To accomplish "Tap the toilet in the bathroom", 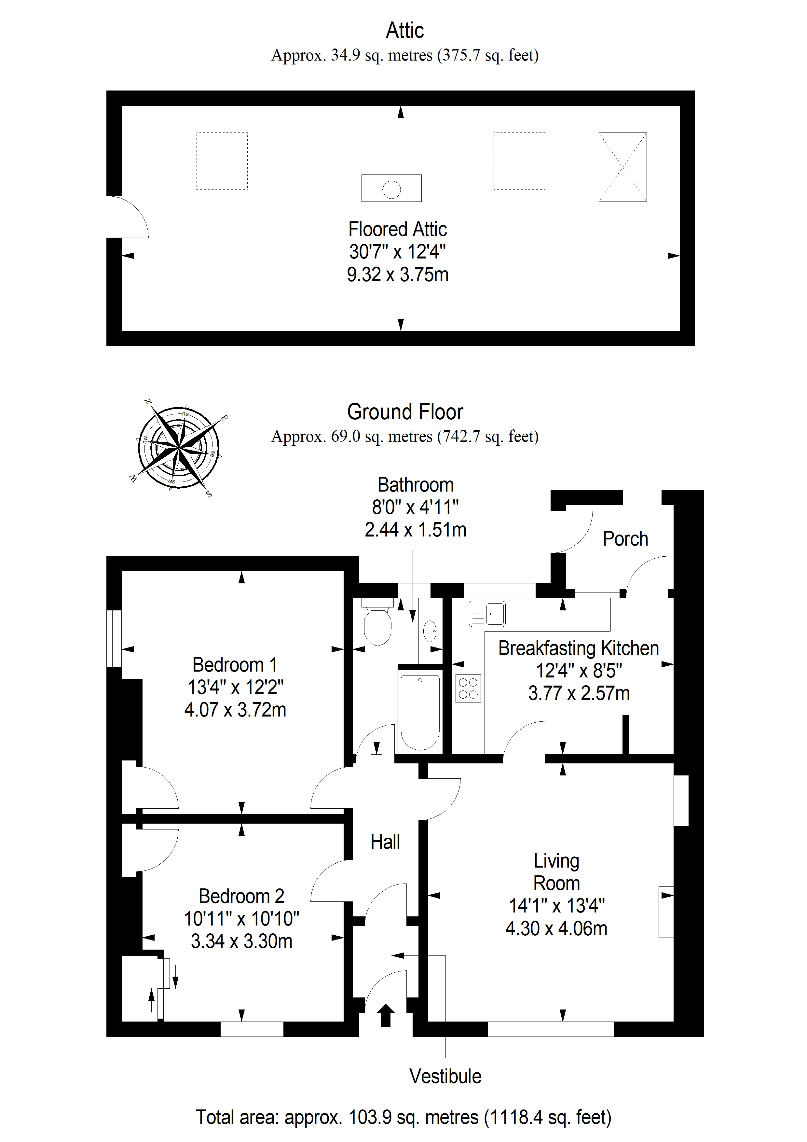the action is click(x=378, y=622).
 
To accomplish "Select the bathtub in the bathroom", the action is click(x=420, y=712).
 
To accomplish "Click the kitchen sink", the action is click(x=487, y=614).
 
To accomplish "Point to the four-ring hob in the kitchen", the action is click(x=468, y=689).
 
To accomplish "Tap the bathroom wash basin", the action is click(x=430, y=632).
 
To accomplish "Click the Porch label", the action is click(x=625, y=539).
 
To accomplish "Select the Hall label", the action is click(x=385, y=842).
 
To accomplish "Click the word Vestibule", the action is click(x=445, y=1076).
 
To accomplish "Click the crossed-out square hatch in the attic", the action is click(x=622, y=167).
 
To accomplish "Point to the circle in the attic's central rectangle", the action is click(x=391, y=189).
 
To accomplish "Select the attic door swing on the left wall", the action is click(x=128, y=217).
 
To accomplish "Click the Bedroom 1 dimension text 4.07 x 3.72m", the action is click(x=235, y=710).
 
